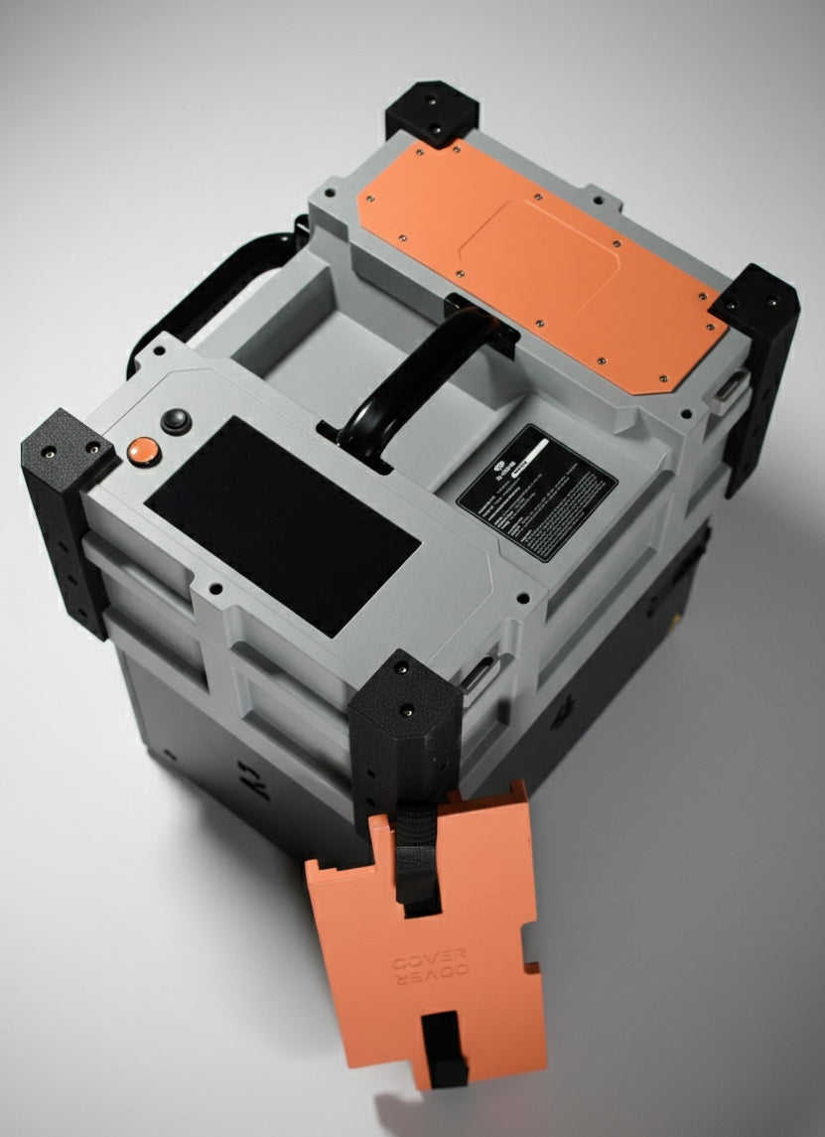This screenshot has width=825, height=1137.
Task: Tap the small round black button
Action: [x=176, y=421]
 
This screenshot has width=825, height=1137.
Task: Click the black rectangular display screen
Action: [x=285, y=523]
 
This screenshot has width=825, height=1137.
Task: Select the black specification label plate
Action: [x=537, y=493]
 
